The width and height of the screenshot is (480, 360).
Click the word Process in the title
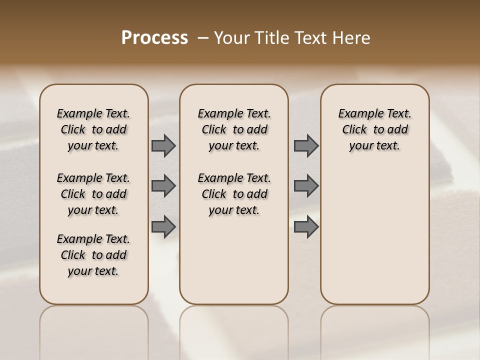point(154,37)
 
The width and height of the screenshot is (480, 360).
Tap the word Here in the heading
point(352,38)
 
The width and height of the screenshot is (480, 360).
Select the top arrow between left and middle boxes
point(163,146)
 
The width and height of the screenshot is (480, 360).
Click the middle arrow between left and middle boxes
point(163,186)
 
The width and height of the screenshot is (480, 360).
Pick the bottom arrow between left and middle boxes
point(163,226)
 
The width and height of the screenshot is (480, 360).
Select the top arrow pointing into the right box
point(306,146)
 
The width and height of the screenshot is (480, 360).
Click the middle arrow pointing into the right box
point(306,186)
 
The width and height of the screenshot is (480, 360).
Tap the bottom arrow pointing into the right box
point(306,226)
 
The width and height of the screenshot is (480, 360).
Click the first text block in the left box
point(93,129)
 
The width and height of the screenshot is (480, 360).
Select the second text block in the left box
point(93,194)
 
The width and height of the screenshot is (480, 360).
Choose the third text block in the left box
point(93,255)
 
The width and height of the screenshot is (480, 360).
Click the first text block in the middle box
point(234,129)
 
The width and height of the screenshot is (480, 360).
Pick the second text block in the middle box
point(234,194)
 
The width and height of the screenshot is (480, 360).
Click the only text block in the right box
point(374,129)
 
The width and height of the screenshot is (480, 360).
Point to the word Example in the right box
point(356,114)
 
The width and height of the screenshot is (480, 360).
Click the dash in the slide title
point(203,38)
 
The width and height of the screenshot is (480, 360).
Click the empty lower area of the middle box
point(234,260)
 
